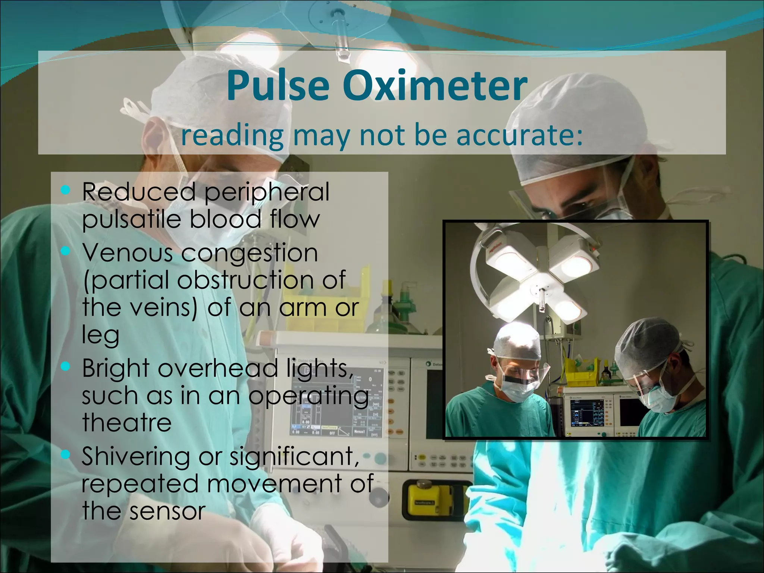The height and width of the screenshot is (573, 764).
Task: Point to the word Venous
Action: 127,253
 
